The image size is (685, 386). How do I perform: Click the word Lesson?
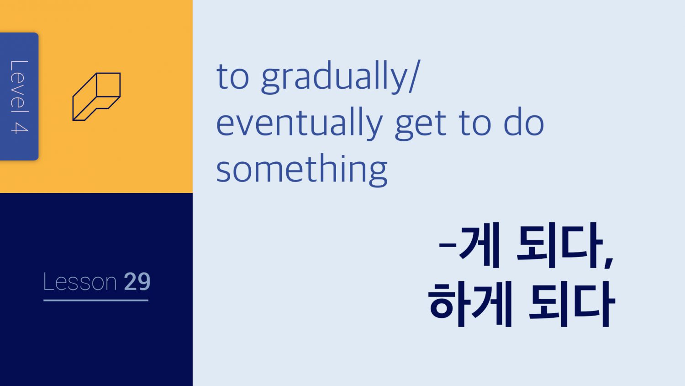tap(80, 282)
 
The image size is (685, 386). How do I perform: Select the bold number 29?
tap(137, 282)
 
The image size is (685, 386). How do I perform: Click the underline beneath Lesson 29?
tap(96, 300)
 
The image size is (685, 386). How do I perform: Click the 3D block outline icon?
tap(97, 96)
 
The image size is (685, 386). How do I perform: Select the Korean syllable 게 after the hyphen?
tap(479, 245)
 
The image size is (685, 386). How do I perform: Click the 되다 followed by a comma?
tap(559, 245)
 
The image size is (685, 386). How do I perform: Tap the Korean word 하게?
tap(470, 304)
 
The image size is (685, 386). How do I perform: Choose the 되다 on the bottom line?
tap(572, 304)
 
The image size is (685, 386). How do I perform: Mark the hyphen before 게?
tap(448, 245)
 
